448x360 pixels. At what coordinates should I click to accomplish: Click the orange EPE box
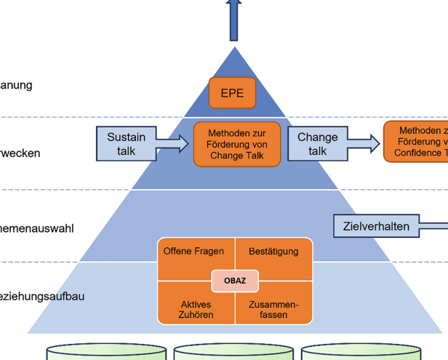232,93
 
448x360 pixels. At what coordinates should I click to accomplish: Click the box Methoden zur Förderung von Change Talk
236,144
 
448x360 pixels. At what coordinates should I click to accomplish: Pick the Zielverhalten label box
376,226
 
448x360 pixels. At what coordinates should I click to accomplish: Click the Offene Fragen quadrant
193,252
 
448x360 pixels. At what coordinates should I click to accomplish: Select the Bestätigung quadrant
274,252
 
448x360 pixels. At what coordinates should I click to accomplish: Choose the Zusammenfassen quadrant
273,309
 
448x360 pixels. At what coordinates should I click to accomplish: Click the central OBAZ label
235,280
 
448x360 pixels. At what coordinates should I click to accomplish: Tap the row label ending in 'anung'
16,85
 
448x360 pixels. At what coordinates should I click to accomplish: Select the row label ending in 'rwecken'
20,153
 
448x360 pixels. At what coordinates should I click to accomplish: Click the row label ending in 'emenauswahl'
37,228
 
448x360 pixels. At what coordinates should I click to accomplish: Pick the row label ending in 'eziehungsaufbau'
42,296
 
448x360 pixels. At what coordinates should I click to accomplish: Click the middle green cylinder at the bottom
234,353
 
